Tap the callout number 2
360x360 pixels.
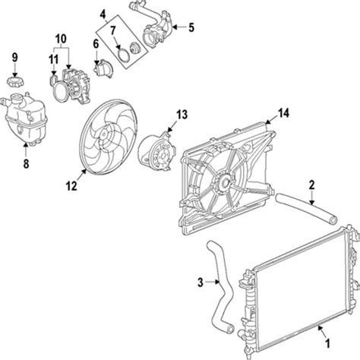pyautogui.click(x=312, y=184)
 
